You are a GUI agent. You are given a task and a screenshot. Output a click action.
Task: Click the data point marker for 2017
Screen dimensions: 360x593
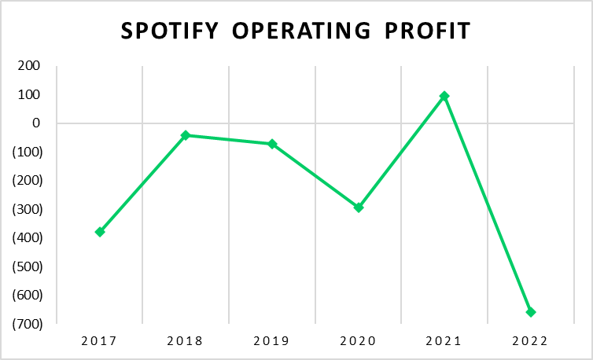100,232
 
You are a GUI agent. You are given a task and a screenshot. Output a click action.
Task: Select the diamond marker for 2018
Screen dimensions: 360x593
186,135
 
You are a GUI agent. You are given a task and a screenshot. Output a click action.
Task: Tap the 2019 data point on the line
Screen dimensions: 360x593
272,144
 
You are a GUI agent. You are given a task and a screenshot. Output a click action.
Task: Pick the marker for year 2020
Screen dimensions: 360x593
359,208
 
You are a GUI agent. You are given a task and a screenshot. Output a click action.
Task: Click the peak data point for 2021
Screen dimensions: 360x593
444,96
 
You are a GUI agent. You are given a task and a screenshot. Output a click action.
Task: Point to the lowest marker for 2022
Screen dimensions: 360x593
531,312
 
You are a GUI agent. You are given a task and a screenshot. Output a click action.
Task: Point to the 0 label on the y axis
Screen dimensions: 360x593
35,123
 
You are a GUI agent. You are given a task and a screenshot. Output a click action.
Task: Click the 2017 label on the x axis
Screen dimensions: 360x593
100,341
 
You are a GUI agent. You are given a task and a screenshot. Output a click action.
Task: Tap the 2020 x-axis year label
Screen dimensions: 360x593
359,341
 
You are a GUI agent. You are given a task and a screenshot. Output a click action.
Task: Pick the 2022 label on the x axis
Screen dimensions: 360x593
531,341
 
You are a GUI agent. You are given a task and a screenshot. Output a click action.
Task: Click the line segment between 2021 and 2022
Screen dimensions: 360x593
488,204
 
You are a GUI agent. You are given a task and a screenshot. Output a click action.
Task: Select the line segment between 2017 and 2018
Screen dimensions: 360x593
142,184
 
